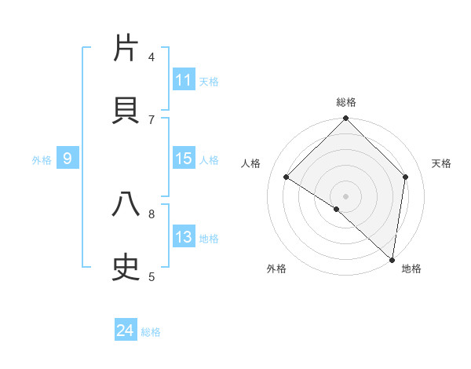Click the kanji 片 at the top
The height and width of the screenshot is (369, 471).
[x=126, y=48]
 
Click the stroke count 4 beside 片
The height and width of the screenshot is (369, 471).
[x=152, y=57]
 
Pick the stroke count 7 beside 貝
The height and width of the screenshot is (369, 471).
[x=152, y=119]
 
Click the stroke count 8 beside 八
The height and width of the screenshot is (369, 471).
[x=152, y=213]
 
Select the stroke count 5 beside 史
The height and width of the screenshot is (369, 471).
[x=152, y=276]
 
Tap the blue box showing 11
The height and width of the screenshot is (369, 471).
[x=184, y=80]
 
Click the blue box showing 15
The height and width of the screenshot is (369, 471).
[x=184, y=159]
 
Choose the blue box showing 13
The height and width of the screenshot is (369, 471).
[x=184, y=237]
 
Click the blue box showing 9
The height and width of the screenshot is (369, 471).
[x=68, y=159]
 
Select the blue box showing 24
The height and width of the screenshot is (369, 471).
[x=126, y=331]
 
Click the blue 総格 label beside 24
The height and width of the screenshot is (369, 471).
[x=151, y=332]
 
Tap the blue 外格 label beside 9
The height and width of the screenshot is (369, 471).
[x=42, y=160]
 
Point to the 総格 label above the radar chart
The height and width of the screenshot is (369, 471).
[x=346, y=102]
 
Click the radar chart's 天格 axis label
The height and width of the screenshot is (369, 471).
[x=442, y=163]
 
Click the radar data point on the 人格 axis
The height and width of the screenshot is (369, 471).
[x=287, y=177]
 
